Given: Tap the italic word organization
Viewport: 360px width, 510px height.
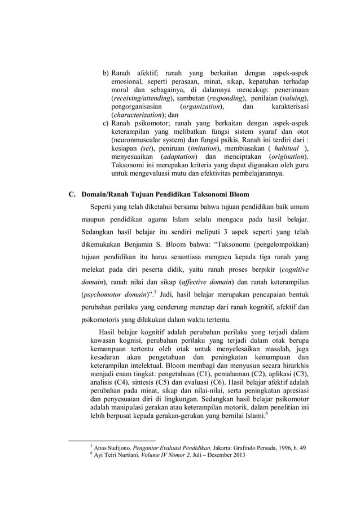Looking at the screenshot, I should [x=200, y=107].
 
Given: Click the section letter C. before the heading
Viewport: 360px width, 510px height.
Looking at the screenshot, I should [x=72, y=194].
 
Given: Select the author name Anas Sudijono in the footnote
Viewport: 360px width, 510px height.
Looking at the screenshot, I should [x=114, y=447].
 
